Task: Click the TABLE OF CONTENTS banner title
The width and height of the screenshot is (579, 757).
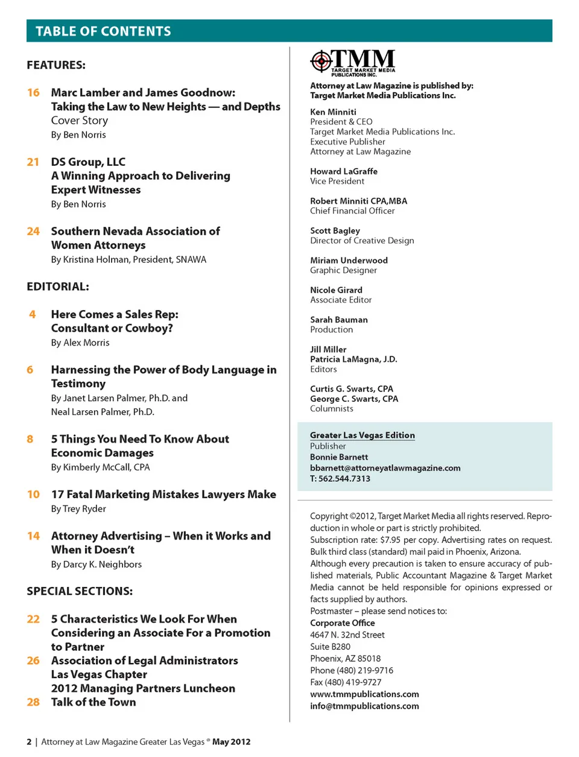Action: (103, 31)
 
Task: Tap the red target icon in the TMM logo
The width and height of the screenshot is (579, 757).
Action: (321, 60)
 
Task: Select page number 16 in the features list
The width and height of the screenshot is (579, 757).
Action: (33, 93)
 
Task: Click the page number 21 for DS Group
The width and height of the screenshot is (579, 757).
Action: (33, 162)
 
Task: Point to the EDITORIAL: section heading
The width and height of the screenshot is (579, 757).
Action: (58, 287)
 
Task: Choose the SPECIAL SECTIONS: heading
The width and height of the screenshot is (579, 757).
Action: (80, 591)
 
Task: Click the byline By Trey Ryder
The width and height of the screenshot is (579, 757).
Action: (78, 509)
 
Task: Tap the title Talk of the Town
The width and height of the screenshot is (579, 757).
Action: (93, 702)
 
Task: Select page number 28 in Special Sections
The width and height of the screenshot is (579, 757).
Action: (33, 702)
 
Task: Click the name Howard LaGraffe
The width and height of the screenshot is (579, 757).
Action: (344, 171)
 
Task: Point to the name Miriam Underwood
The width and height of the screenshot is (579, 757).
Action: (349, 261)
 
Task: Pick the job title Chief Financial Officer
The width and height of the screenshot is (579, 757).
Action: (352, 211)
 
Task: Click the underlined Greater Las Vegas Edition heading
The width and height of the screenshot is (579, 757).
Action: (362, 436)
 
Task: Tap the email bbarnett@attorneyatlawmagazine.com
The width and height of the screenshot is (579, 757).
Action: (385, 468)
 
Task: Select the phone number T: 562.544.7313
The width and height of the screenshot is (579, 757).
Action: (340, 479)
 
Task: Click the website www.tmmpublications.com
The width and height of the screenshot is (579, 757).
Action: (364, 694)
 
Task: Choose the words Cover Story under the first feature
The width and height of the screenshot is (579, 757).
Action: (80, 121)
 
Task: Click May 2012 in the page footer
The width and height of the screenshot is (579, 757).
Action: (231, 742)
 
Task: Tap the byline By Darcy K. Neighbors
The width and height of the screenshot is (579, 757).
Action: (96, 565)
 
